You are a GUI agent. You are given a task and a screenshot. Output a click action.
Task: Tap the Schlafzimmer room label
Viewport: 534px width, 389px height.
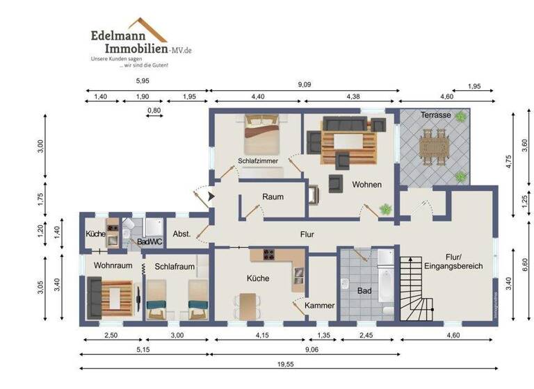pos(258,160)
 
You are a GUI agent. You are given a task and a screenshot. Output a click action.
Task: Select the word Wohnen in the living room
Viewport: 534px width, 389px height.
pos(367,185)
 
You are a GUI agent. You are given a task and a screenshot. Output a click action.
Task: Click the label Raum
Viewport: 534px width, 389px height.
pos(273,197)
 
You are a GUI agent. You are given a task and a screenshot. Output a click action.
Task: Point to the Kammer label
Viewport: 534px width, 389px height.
pos(320,305)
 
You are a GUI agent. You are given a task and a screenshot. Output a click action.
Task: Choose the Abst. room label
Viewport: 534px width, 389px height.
pos(181,234)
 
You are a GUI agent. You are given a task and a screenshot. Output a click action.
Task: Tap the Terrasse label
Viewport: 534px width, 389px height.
pos(436,115)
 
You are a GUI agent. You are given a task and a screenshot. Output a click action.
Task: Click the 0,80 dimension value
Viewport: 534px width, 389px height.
pos(154,110)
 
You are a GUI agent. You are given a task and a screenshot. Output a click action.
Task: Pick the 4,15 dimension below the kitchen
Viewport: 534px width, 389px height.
pos(261,334)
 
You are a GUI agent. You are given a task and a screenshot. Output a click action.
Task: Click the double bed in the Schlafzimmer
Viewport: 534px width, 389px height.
pos(261,135)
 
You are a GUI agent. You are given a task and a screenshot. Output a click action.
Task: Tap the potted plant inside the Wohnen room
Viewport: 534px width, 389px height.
pos(385,208)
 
